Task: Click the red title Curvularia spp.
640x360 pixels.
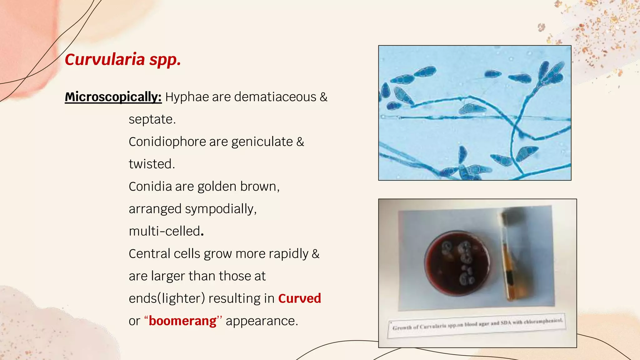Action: coord(123,59)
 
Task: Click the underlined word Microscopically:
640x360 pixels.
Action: coord(113,97)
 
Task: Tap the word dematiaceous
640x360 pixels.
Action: coord(275,97)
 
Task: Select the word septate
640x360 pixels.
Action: coord(152,119)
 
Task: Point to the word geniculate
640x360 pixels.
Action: coord(262,142)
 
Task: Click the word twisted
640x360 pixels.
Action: coord(152,164)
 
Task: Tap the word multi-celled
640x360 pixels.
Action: coord(166,231)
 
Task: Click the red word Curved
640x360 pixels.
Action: coord(299,298)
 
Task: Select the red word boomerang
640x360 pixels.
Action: coord(182,321)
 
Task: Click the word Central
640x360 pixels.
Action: coord(149,254)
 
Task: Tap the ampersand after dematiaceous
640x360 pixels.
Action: coord(323,97)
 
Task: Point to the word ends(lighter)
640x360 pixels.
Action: coord(167,298)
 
